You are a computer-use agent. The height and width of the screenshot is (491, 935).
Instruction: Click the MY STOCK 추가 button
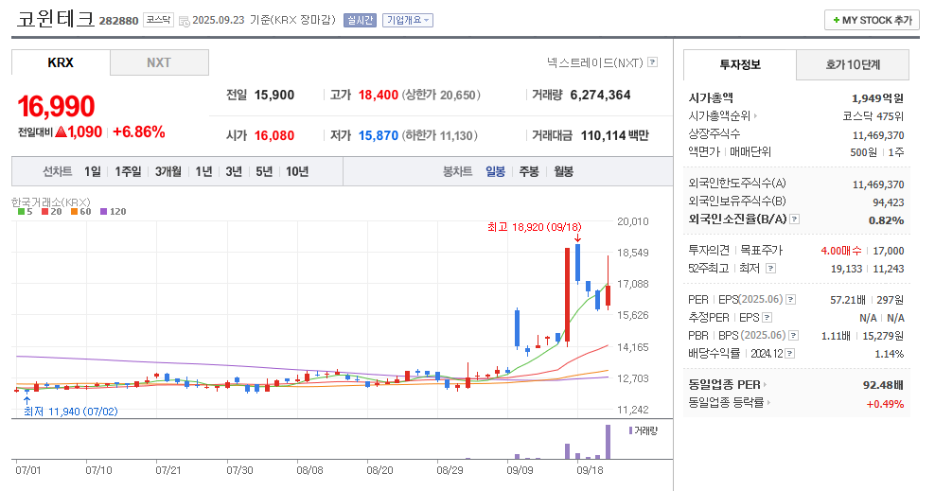(x=872, y=20)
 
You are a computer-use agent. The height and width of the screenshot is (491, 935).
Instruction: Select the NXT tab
(x=159, y=62)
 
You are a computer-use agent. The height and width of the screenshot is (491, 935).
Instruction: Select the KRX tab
(x=61, y=62)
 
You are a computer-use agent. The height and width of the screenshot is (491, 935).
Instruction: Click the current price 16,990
(x=57, y=106)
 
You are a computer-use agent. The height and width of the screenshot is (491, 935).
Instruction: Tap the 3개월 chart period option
(x=168, y=171)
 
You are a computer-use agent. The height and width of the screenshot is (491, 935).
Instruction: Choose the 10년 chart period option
(x=296, y=171)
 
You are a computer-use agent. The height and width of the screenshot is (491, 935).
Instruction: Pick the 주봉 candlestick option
(x=528, y=171)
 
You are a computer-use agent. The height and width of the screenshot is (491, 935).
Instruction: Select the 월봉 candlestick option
(x=563, y=171)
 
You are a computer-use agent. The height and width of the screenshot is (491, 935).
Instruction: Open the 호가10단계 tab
(x=853, y=65)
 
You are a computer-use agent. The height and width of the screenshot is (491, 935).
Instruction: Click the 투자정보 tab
(x=740, y=65)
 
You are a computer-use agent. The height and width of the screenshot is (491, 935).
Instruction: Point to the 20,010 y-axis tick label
(x=632, y=221)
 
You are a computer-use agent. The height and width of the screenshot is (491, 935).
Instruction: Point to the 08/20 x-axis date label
(x=379, y=469)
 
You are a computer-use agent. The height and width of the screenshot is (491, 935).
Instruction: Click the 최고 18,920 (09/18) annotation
(x=534, y=227)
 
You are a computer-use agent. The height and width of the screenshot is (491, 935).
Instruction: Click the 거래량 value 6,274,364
(x=593, y=95)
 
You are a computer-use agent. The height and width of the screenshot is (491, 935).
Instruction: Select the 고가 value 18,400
(x=378, y=95)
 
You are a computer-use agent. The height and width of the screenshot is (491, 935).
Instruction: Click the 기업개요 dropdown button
(x=408, y=20)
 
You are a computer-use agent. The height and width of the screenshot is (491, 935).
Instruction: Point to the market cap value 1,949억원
(x=877, y=97)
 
